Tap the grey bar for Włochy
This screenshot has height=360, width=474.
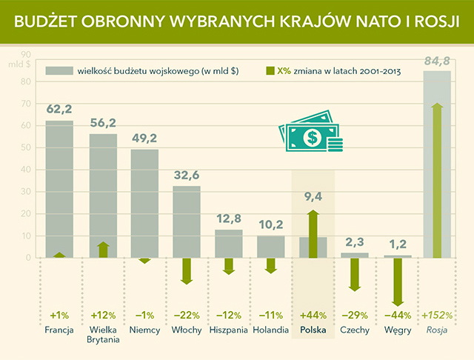pyautogui.click(x=187, y=221)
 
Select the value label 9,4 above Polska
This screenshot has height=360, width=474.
pyautogui.click(x=313, y=197)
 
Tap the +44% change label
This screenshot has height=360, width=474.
pyautogui.click(x=313, y=313)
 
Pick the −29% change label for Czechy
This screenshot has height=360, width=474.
pyautogui.click(x=355, y=313)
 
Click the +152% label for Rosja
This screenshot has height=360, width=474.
pyautogui.click(x=437, y=313)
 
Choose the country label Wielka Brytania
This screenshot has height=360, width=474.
pyautogui.click(x=103, y=333)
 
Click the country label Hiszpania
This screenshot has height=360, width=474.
pyautogui.click(x=229, y=329)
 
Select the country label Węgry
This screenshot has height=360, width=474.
pyautogui.click(x=398, y=329)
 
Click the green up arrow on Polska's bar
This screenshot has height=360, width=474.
pyautogui.click(x=313, y=233)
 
